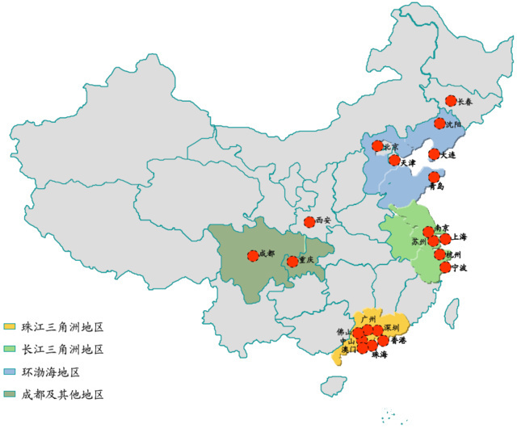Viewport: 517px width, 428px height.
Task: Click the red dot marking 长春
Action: click(451, 102)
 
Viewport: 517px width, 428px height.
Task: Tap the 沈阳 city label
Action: click(454, 124)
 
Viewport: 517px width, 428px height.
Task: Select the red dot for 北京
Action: click(377, 146)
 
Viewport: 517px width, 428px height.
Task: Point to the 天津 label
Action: click(408, 162)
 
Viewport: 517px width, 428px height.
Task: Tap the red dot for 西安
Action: click(309, 221)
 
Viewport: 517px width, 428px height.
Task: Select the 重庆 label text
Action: click(305, 260)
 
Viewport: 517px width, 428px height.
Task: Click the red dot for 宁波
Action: click(445, 266)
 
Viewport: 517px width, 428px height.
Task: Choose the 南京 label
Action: click(442, 228)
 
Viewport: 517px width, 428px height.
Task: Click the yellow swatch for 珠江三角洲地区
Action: click(10, 327)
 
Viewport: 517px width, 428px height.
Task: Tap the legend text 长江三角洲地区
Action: click(63, 350)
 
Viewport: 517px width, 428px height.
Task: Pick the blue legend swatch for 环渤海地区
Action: click(10, 372)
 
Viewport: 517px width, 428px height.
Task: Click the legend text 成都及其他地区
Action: click(63, 395)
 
